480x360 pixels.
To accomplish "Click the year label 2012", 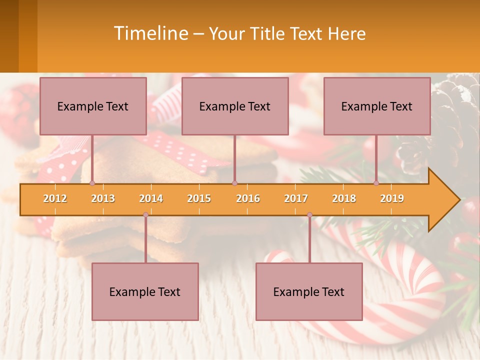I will click(x=55, y=198).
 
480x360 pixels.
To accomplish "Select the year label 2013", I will click(x=103, y=198).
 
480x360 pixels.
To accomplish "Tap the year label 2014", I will click(x=151, y=198).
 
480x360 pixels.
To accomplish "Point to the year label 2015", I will click(x=199, y=198).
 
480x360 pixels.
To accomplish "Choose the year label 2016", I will click(x=248, y=198).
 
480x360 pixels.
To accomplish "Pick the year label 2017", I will click(x=296, y=198).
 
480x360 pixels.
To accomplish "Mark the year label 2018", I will click(x=344, y=198).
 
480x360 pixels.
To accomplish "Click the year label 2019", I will click(x=392, y=198).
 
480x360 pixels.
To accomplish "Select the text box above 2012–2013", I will click(x=93, y=106).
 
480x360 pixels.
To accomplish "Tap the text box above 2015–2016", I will click(x=235, y=106).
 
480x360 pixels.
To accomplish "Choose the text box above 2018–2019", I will click(x=377, y=106).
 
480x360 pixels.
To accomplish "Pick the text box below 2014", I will click(x=145, y=291).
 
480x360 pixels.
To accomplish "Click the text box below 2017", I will click(x=309, y=291).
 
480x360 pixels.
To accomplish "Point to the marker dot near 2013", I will click(x=92, y=183).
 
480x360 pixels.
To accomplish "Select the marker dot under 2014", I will click(x=145, y=215).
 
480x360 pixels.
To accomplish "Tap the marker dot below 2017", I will click(x=309, y=215).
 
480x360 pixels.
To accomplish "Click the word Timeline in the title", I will click(x=150, y=33).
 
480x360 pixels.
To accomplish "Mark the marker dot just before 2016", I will click(x=234, y=183).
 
